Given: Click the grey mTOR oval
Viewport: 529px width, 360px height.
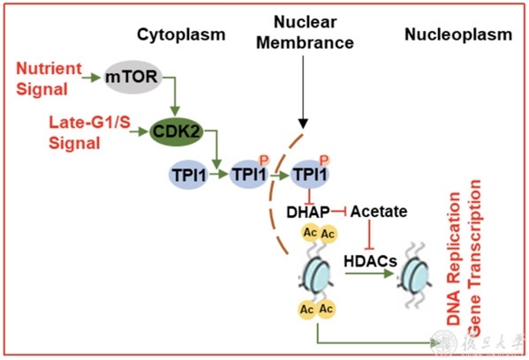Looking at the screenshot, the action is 132,77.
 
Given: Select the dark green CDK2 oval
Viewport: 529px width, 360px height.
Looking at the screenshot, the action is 177,131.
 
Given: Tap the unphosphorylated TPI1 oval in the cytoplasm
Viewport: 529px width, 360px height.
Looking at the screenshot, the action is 189,175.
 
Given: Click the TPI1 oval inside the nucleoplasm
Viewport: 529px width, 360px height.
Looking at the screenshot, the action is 310,174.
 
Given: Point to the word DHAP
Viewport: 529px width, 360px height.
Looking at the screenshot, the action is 307,212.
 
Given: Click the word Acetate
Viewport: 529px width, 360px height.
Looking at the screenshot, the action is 379,212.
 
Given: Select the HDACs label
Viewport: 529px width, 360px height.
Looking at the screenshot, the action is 370,261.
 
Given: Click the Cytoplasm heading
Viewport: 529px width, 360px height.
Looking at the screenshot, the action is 181,34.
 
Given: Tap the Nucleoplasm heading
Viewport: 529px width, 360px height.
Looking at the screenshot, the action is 458,34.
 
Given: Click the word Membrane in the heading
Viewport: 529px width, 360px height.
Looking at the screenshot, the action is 305,43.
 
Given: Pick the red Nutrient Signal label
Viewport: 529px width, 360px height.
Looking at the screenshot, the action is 49,79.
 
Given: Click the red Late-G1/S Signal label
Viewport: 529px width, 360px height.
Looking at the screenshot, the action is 89,132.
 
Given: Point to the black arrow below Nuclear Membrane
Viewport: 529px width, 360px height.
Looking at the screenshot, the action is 303,92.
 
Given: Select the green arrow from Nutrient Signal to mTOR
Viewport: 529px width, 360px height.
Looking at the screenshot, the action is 91,78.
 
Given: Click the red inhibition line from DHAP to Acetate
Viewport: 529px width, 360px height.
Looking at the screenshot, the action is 339,212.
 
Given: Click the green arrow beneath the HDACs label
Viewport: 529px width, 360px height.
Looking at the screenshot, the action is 369,274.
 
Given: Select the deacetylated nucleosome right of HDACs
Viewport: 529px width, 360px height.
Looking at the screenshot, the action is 415,275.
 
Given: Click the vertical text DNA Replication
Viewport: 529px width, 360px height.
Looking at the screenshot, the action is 453,259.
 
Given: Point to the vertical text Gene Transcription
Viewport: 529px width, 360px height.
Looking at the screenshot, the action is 473,258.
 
